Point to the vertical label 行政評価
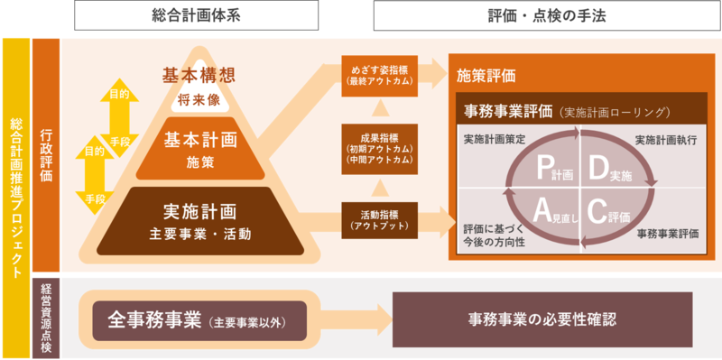46,154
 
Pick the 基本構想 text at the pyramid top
198,74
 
